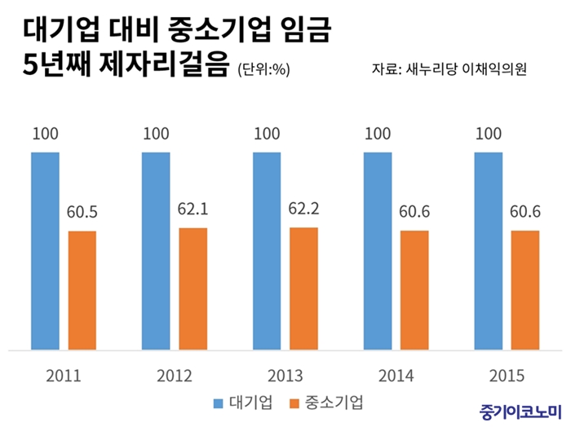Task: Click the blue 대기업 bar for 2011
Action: (46, 251)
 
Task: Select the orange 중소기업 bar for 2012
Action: (193, 288)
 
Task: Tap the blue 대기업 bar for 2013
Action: (267, 251)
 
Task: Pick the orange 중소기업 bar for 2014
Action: (414, 290)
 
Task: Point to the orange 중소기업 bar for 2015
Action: (525, 290)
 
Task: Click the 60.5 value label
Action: (82, 213)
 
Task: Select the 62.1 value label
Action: (193, 209)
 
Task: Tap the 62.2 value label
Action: (303, 209)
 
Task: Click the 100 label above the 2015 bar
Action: (489, 134)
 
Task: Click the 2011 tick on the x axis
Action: (64, 376)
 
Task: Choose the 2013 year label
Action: (285, 376)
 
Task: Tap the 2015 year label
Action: (506, 376)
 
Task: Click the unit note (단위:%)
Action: (263, 70)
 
